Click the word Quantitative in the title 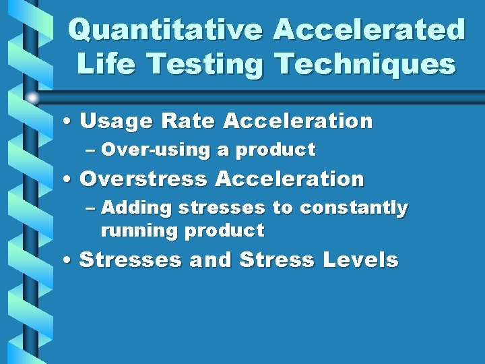tap(165, 30)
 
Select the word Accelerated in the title tap(370, 30)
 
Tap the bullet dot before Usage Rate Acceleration tap(69, 123)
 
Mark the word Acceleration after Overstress tap(290, 179)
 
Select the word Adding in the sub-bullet tap(137, 208)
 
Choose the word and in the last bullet tap(211, 260)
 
